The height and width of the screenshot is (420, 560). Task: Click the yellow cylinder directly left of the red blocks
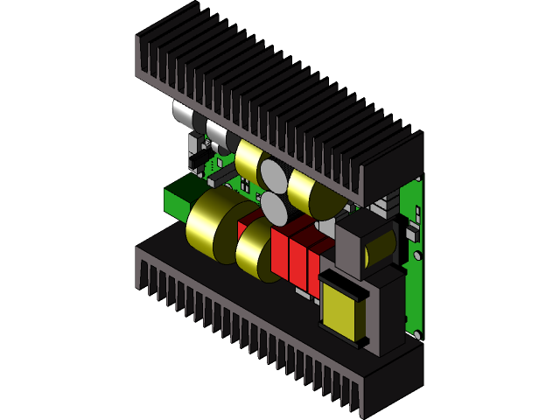(255, 249)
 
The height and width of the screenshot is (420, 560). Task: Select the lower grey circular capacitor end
(275, 209)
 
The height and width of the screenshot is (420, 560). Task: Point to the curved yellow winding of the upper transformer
(379, 248)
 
